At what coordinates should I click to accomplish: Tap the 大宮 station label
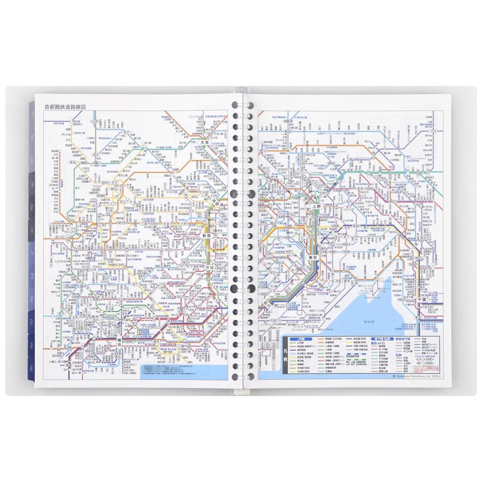coord(204,142)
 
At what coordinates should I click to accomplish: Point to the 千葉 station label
coord(423,299)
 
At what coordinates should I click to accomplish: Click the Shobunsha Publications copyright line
coord(417,376)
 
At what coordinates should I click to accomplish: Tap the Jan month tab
coord(32,113)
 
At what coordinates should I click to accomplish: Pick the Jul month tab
coord(31,253)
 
